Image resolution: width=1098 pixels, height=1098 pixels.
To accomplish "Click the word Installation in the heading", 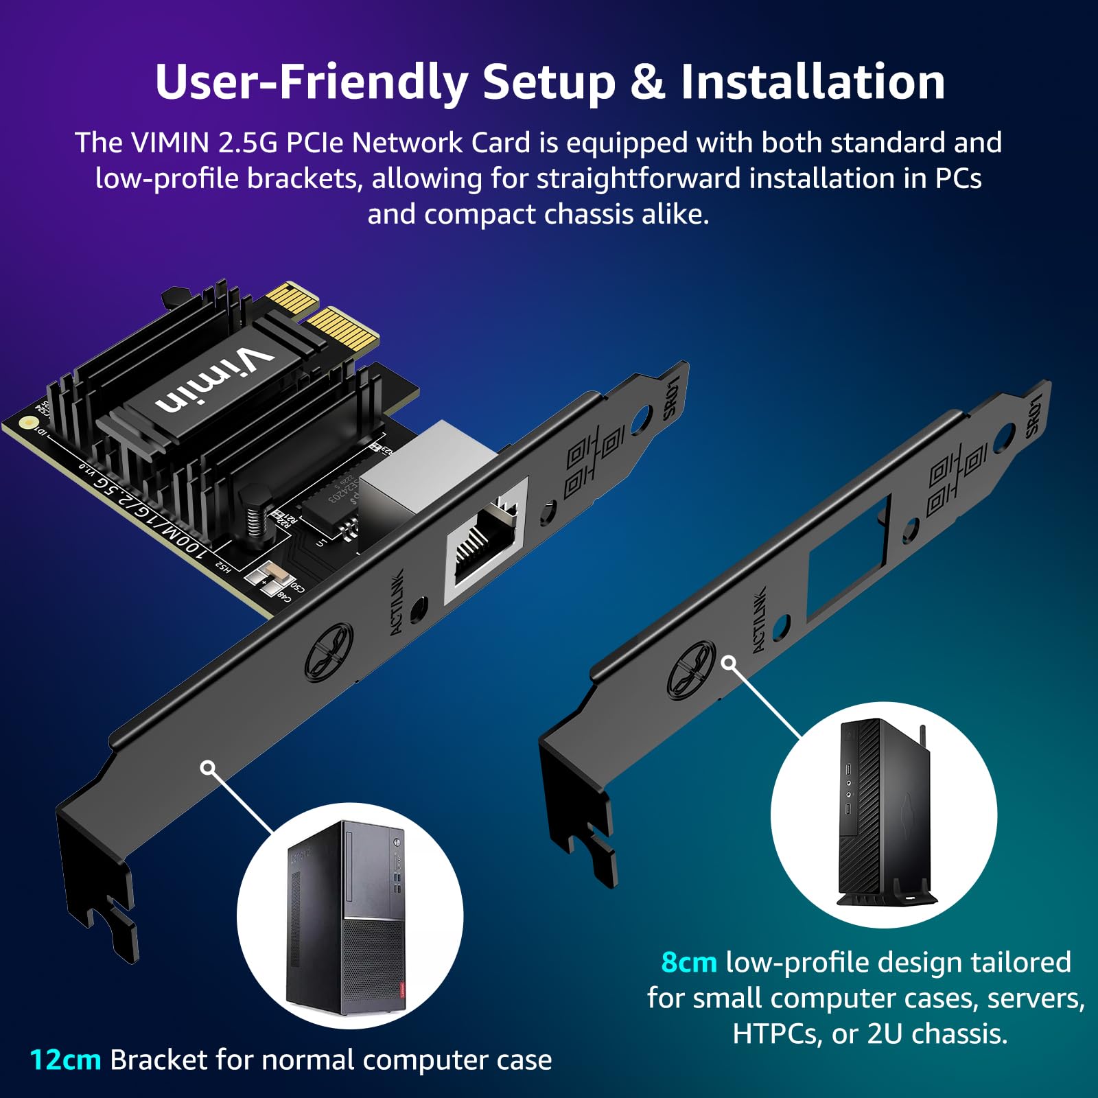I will (813, 82).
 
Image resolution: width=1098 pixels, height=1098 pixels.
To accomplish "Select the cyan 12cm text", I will (66, 1060).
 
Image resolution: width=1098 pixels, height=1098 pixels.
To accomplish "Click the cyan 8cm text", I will (688, 962).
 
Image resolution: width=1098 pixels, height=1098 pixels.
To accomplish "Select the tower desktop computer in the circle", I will (347, 916).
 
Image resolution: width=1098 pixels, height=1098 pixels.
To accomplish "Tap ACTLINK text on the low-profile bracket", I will (759, 620).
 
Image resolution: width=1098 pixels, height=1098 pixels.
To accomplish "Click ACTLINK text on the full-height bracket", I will (397, 602).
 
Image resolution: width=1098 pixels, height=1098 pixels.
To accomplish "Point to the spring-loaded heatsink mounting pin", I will (255, 512).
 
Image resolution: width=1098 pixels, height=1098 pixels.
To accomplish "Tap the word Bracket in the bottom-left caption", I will (158, 1060).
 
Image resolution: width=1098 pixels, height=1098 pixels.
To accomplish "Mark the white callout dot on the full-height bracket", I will (208, 767).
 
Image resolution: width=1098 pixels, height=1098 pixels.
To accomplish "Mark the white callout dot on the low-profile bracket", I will (729, 663).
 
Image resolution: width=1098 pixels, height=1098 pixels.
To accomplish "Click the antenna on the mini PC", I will (923, 738).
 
